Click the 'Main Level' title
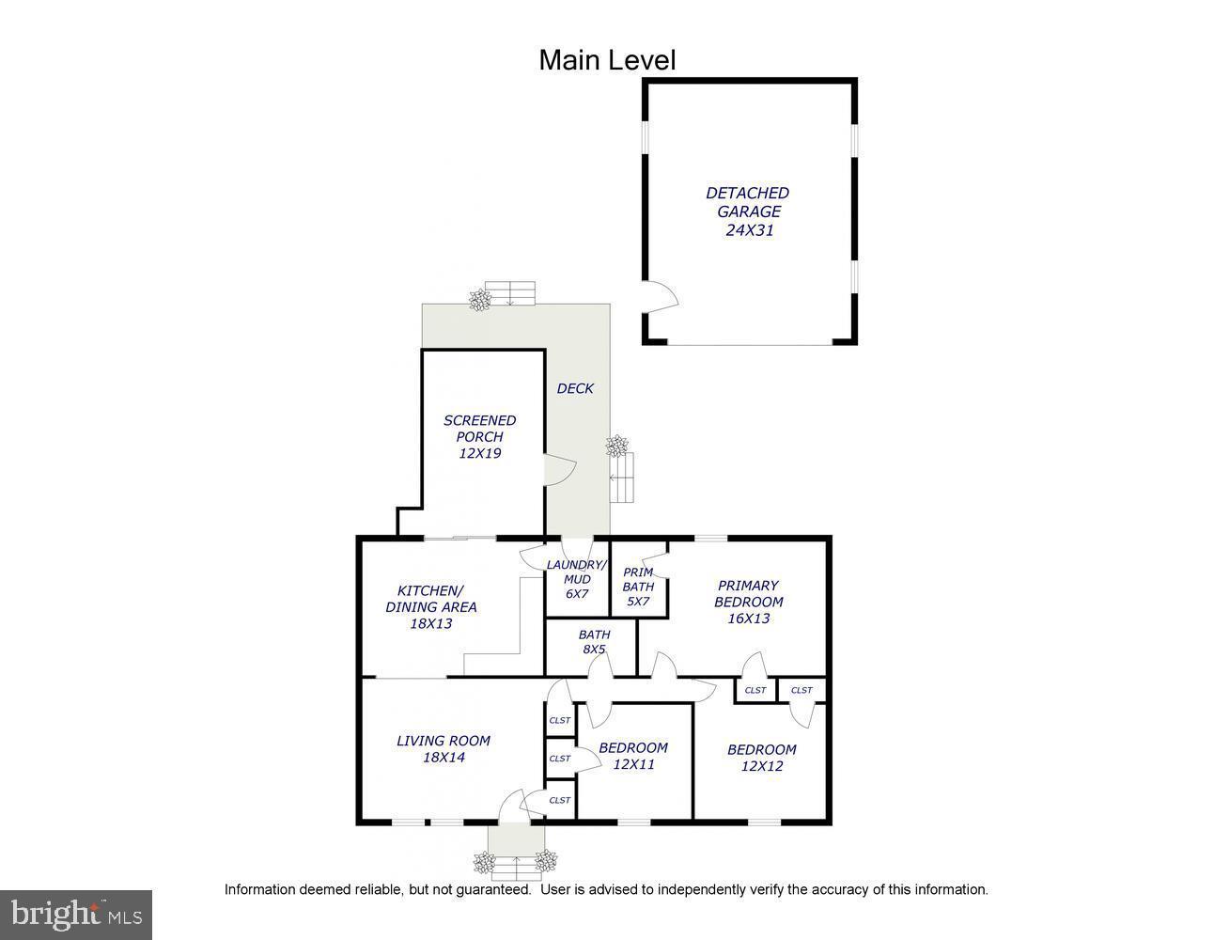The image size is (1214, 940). [607, 60]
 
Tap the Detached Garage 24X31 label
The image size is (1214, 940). [748, 211]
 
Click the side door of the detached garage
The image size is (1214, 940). [661, 296]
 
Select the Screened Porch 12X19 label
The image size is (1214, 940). [480, 436]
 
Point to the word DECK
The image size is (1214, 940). [575, 388]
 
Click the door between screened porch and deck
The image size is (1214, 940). [558, 469]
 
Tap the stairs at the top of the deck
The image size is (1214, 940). [509, 292]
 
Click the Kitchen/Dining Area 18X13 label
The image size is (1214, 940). [430, 606]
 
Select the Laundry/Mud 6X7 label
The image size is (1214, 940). [577, 579]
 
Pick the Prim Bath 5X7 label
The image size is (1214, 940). [638, 587]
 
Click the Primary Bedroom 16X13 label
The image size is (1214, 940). [748, 602]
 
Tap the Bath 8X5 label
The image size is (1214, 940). [594, 641]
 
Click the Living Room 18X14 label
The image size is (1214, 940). [444, 748]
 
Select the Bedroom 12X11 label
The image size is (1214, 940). [633, 756]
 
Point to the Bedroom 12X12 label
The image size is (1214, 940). [761, 758]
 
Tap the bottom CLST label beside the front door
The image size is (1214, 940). [560, 800]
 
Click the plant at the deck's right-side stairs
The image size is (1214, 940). [617, 446]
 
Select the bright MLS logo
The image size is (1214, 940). [76, 914]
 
